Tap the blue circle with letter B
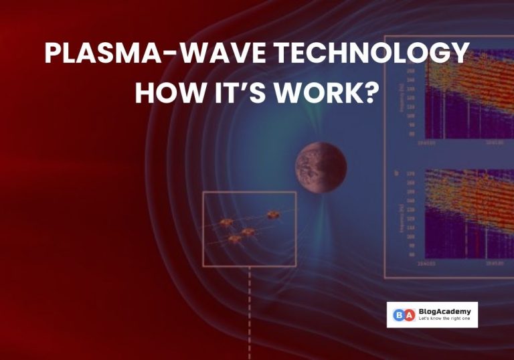pyautogui.click(x=399, y=314)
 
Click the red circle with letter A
pyautogui.click(x=410, y=314)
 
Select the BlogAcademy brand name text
pyautogui.click(x=444, y=310)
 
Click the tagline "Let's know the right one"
pyautogui.click(x=444, y=319)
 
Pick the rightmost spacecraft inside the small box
pyautogui.click(x=272, y=215)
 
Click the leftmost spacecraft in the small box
pyautogui.click(x=226, y=222)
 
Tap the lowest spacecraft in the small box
pyautogui.click(x=234, y=238)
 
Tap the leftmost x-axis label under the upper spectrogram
pyautogui.click(x=423, y=142)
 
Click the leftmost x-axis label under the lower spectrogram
pyautogui.click(x=423, y=265)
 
